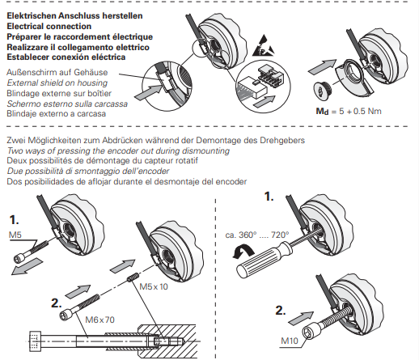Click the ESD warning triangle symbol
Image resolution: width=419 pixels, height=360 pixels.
(x=263, y=46)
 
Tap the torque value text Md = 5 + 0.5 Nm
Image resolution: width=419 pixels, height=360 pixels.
(x=349, y=111)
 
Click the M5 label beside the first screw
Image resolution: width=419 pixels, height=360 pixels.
(x=15, y=235)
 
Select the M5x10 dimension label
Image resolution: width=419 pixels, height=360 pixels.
(x=154, y=286)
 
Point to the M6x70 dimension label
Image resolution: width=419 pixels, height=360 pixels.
(x=100, y=320)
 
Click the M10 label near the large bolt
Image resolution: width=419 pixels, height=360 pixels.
(x=290, y=341)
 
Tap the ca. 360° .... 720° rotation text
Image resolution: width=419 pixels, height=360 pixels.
(x=257, y=235)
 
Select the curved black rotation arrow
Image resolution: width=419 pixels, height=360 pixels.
(x=243, y=252)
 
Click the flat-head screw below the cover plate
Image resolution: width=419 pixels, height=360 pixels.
(x=323, y=90)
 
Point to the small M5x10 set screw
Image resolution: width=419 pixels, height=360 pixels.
(x=133, y=277)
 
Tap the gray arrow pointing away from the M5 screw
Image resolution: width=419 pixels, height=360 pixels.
(x=27, y=266)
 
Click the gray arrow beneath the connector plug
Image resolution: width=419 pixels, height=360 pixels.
(x=265, y=101)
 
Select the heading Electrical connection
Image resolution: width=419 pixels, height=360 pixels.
(x=49, y=27)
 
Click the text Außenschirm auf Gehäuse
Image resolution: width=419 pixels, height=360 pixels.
(x=57, y=72)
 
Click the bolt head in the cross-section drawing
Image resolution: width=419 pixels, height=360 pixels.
(x=36, y=341)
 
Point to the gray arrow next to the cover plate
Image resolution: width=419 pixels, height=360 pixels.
(x=322, y=66)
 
